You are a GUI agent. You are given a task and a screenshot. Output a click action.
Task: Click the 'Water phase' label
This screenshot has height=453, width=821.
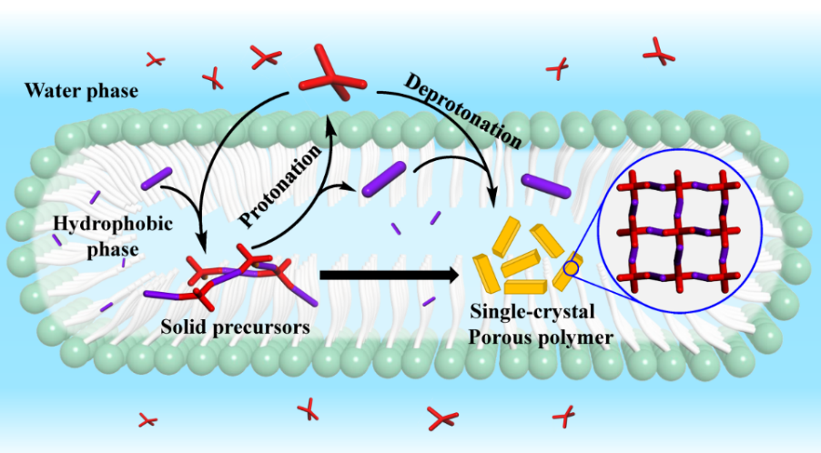(x=82, y=91)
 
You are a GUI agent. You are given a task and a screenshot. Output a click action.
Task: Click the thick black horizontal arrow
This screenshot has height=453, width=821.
(x=388, y=275)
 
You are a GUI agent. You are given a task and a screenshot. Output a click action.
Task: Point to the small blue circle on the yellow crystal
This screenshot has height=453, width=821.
(x=571, y=267)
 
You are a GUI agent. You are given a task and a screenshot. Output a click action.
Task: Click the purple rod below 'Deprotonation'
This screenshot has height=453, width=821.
(x=547, y=186)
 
